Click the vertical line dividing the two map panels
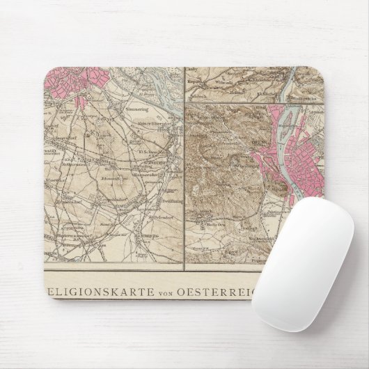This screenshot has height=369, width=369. [184, 167]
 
